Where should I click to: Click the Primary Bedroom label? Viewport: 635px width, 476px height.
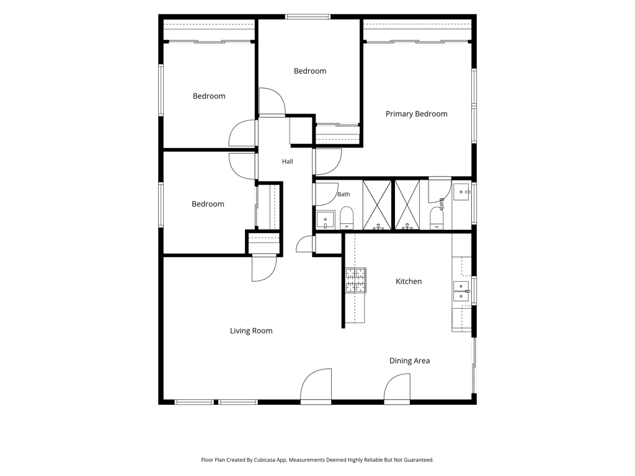[x=416, y=114]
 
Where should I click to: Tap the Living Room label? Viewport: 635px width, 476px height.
[x=251, y=331]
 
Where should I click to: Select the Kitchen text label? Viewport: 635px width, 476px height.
[x=409, y=281]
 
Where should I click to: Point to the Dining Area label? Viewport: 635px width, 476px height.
[x=409, y=361]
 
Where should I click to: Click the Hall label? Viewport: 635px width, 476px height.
[x=288, y=162]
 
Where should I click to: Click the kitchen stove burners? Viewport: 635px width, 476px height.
[x=355, y=280]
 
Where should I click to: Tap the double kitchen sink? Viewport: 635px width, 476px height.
[x=461, y=291]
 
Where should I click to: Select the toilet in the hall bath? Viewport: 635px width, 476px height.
[x=347, y=218]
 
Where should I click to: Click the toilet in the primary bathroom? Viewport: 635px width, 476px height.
[x=436, y=219]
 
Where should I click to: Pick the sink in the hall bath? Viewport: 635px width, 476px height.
[x=325, y=220]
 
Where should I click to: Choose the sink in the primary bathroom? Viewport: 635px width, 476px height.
[x=461, y=192]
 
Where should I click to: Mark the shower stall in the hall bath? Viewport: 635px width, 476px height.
[x=377, y=205]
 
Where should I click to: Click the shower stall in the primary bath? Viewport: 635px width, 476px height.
[x=407, y=205]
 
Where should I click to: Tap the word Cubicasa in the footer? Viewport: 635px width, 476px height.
[x=265, y=460]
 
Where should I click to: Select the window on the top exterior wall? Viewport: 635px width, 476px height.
[x=308, y=17]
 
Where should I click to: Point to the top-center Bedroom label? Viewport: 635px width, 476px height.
[x=310, y=71]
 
